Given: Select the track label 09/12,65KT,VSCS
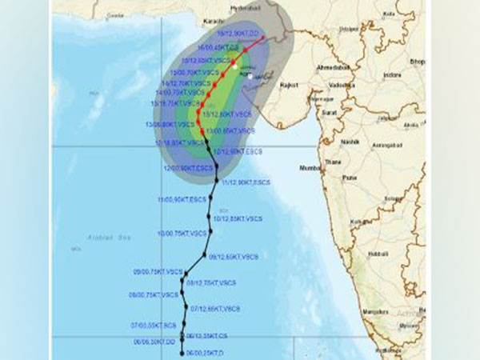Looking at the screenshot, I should coord(233,257).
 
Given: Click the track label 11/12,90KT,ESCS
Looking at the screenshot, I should coord(246,183).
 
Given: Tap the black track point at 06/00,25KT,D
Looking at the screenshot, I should coord(183,353).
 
